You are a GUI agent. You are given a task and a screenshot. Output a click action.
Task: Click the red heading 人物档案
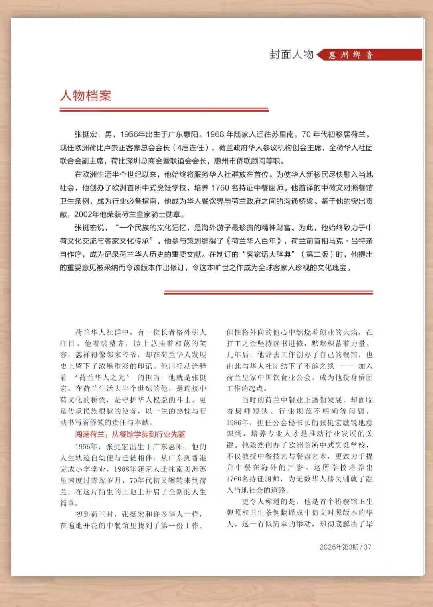pyautogui.click(x=85, y=96)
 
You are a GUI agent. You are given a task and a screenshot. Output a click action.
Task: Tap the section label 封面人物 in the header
pyautogui.click(x=291, y=55)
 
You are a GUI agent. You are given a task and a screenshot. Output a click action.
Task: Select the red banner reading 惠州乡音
pyautogui.click(x=351, y=55)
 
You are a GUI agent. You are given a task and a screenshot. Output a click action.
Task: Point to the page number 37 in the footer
pyautogui.click(x=368, y=547)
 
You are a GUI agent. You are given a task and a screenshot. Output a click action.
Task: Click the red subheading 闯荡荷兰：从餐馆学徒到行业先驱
pyautogui.click(x=130, y=434)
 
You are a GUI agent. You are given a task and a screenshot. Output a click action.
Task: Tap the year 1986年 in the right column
pyautogui.click(x=239, y=422)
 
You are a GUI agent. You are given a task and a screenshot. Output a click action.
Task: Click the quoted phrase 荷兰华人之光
pyautogui.click(x=103, y=377)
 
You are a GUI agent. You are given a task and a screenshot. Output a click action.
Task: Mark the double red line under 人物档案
pyautogui.click(x=164, y=109)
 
